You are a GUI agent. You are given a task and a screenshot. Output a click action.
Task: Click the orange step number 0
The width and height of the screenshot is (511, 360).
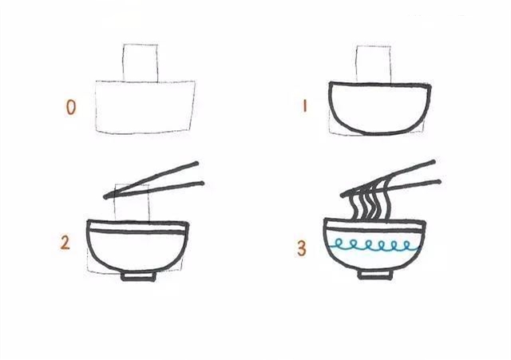point(71,108)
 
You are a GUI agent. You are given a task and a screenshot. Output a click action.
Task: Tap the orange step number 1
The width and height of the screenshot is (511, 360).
point(305,106)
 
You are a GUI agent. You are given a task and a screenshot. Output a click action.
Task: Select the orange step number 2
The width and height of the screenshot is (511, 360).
point(65,243)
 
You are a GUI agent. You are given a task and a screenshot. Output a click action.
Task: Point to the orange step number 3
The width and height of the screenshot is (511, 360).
point(302,248)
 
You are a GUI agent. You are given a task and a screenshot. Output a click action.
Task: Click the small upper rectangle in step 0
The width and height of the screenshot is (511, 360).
point(123,62)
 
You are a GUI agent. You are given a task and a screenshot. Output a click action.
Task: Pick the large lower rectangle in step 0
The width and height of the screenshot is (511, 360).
point(96,107)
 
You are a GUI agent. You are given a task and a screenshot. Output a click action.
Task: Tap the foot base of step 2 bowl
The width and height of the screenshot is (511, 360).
point(138,276)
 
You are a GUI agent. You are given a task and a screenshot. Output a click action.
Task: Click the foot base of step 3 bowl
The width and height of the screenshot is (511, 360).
point(375,275)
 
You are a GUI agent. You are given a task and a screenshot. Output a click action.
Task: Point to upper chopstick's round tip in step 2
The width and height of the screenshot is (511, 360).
point(196,163)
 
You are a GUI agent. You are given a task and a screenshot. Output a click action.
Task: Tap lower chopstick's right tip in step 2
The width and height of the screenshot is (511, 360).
point(202,184)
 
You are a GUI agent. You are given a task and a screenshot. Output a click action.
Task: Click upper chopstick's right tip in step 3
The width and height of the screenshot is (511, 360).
point(433,161)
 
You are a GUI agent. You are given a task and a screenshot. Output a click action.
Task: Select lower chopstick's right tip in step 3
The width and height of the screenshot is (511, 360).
point(438,181)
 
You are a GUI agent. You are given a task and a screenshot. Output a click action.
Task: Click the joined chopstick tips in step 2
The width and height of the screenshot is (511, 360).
point(105,197)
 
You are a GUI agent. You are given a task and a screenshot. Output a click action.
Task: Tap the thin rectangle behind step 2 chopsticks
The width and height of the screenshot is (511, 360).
point(115,202)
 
